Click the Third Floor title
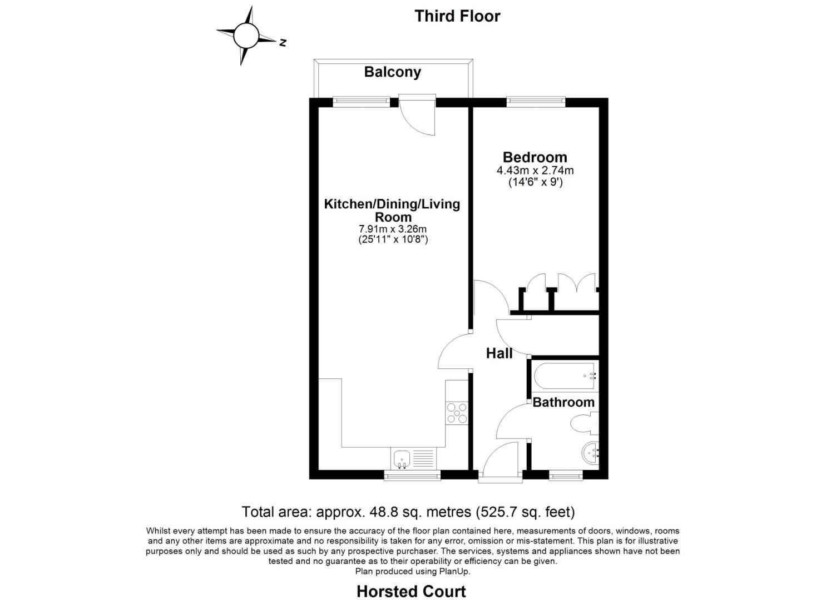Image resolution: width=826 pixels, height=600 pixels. pos(457,16)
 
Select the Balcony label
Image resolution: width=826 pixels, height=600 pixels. pos(392,72)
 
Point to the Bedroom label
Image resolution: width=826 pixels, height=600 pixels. pos(535,157)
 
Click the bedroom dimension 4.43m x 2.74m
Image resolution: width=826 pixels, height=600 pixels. pos(535,171)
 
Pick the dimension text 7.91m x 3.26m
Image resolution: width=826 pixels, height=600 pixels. pos(393,229)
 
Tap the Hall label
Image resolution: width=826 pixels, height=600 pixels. pos(499,353)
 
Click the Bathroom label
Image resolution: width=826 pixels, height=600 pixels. pos(563,402)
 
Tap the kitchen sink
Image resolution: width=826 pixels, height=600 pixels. pos(402,459)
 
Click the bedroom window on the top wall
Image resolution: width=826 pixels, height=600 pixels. pos(536,102)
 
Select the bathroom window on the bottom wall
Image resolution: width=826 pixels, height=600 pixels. pos(566,475)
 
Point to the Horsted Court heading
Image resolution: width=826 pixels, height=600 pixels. pos(411,592)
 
